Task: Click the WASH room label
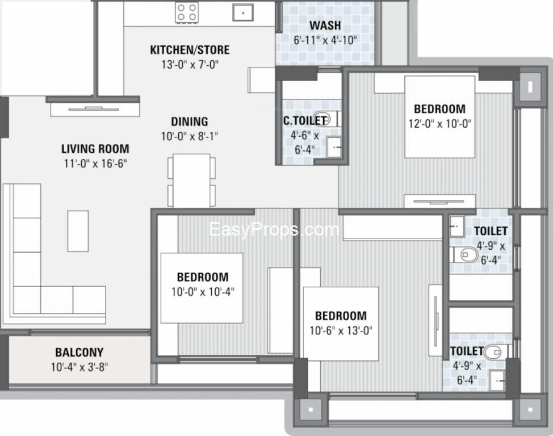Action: pos(325,26)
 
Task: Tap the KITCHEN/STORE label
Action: pos(190,50)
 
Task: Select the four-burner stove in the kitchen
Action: pos(187,12)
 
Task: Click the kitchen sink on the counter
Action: pos(243,12)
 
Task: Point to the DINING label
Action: pos(190,121)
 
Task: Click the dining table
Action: pos(191,181)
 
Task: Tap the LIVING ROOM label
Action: pos(95,149)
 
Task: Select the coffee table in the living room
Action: pos(78,231)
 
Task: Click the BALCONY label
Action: pos(79,352)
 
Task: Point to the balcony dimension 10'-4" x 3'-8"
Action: pos(79,367)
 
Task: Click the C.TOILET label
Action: pos(304,121)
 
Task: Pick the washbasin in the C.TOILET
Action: pos(333,147)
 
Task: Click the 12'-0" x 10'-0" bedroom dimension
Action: pos(440,124)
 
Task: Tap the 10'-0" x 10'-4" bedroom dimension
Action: pos(203,292)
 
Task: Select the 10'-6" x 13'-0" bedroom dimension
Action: pos(341,331)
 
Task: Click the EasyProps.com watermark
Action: pos(274,230)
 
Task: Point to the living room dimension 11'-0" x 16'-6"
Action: pos(95,163)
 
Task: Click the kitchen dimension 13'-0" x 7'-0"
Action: pos(190,65)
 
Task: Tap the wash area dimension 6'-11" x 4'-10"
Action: pos(325,40)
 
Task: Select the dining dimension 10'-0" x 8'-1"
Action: pos(190,136)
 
